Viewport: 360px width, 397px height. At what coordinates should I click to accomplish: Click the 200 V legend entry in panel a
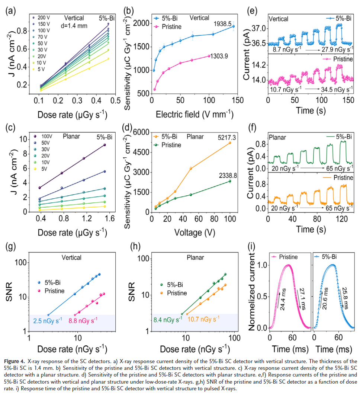click(42, 17)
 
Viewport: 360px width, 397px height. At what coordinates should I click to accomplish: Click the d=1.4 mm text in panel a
click(73, 26)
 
